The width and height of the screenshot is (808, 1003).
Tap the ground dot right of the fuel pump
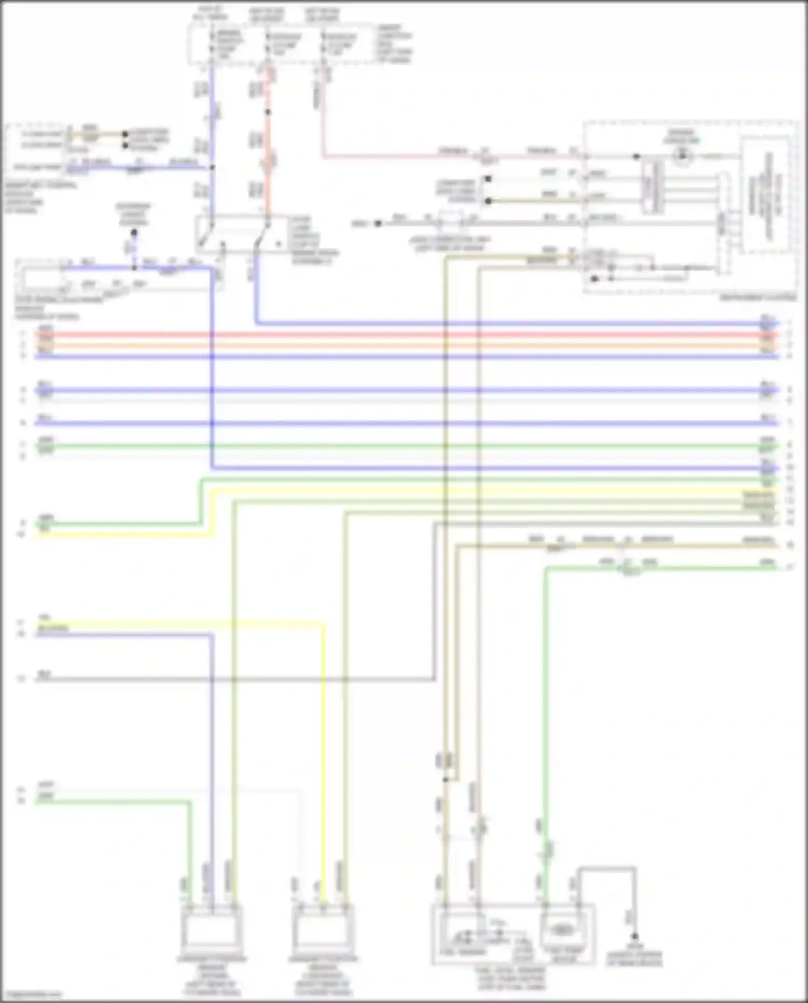point(635,937)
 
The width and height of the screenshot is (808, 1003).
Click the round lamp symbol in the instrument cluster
point(682,156)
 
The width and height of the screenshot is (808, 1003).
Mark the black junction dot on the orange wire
point(268,112)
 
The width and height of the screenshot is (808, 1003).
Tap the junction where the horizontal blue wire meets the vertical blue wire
point(212,168)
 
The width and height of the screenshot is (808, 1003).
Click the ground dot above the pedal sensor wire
point(134,233)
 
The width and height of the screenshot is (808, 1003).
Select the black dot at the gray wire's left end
point(378,223)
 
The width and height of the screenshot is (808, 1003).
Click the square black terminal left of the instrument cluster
point(487,178)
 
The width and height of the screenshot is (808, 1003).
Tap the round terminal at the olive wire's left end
point(487,201)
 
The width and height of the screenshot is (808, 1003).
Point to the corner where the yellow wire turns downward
point(323,625)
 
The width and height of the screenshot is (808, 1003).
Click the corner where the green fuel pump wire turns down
point(546,568)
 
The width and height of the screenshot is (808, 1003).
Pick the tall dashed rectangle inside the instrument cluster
point(768,194)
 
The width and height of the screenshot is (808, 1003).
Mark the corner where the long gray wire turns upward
point(435,679)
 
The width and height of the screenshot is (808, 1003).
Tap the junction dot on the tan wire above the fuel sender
point(445,779)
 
